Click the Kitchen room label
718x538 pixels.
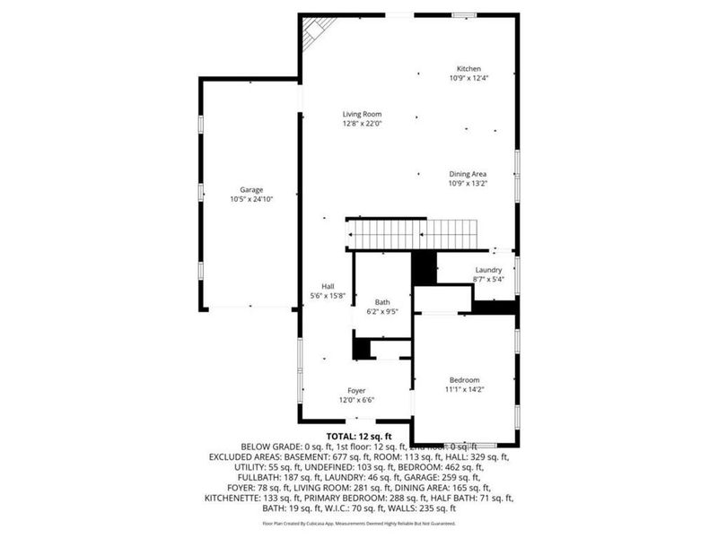click(x=468, y=69)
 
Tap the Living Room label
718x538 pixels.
click(x=362, y=114)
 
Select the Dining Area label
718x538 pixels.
click(x=468, y=174)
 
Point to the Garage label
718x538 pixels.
click(x=250, y=189)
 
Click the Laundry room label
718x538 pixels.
click(x=488, y=270)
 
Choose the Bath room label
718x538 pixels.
click(x=382, y=303)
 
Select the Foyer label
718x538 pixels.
click(x=356, y=391)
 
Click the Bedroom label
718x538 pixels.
click(x=465, y=379)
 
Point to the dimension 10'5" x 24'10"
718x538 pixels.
click(x=250, y=199)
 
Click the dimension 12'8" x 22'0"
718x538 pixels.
click(x=362, y=124)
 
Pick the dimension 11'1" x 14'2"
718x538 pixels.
click(x=465, y=389)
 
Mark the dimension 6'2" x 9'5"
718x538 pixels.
click(x=382, y=312)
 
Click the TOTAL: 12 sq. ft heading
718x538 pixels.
click(x=359, y=436)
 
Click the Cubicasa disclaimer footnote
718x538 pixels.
click(x=359, y=523)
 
